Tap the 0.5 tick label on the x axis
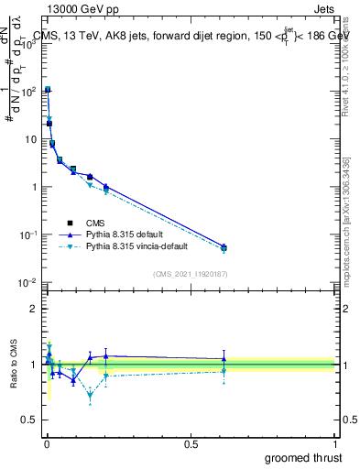click(x=191, y=443)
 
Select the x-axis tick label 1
click(x=334, y=443)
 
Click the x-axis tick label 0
click(x=46, y=443)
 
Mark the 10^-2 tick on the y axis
click(x=27, y=282)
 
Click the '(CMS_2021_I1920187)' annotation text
click(x=189, y=275)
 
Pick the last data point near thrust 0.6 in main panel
click(x=224, y=247)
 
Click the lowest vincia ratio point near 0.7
click(x=90, y=396)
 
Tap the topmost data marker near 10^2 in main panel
click(x=48, y=90)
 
